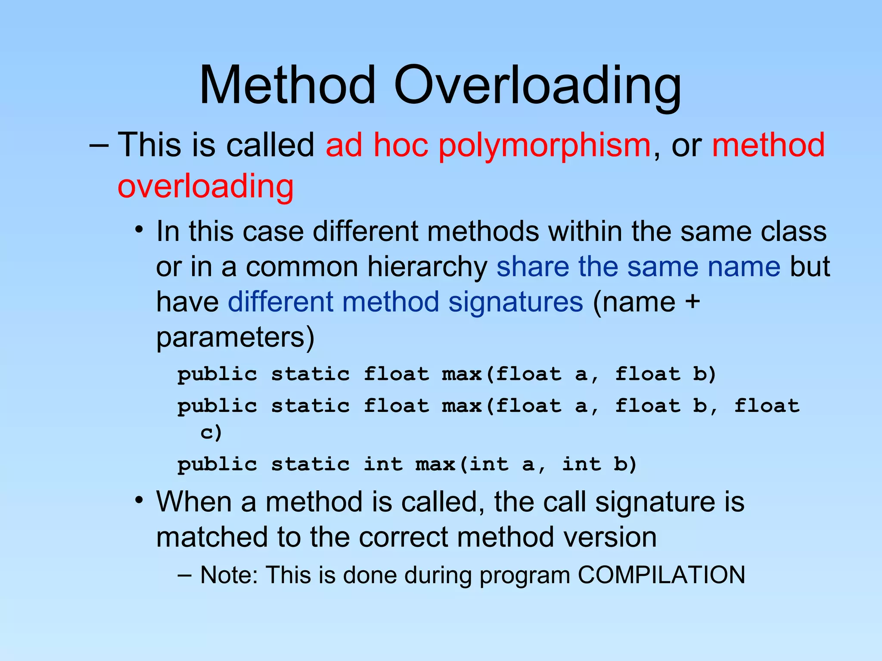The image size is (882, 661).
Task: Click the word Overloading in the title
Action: tap(537, 86)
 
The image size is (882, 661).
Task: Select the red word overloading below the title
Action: tap(205, 187)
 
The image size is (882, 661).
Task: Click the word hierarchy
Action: tap(427, 267)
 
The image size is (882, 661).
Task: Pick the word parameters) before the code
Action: tap(235, 338)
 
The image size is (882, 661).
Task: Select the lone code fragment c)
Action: tap(211, 432)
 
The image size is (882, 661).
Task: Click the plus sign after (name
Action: tap(693, 302)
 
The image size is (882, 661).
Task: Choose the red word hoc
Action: tap(401, 145)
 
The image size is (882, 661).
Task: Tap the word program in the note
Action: tap(525, 576)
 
